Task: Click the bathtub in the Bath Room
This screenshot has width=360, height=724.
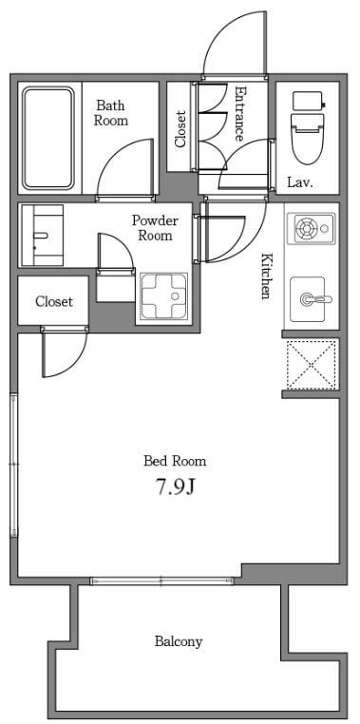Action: point(48,138)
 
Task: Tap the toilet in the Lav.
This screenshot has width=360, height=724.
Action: point(308,127)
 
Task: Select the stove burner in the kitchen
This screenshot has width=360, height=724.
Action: point(307,228)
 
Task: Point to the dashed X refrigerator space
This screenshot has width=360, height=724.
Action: point(311,364)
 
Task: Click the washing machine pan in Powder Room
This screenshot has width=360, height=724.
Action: point(163,295)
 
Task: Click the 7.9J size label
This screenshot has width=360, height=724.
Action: point(175,487)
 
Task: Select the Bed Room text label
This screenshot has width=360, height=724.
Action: point(175,461)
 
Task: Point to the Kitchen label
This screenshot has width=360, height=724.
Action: point(266,276)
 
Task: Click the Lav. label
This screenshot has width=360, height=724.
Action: point(300,181)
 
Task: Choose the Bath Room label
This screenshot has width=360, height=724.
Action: point(111,113)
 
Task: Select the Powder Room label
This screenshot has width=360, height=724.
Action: point(155,227)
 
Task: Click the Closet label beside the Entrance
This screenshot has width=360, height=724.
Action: point(180,129)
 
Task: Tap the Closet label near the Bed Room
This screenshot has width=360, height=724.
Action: point(54,301)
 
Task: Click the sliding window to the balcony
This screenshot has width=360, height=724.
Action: point(161,581)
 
